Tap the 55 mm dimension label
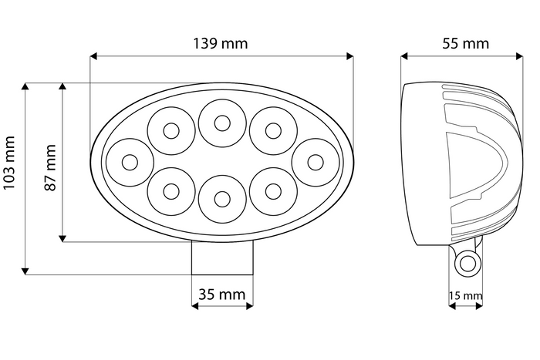[466, 43]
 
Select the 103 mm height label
[9, 177]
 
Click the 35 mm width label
[221, 294]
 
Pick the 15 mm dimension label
[466, 295]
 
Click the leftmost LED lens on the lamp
[130, 162]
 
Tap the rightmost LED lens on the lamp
[316, 162]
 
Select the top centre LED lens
[222, 122]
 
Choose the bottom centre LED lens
[222, 199]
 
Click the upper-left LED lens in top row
[171, 130]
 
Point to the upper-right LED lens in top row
[272, 130]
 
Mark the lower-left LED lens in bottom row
[171, 192]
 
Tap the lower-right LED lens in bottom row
[272, 192]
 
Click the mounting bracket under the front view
[222, 257]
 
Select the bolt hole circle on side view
[467, 264]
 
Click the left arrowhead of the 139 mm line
[93, 56]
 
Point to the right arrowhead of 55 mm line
[519, 56]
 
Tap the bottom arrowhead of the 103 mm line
[26, 271]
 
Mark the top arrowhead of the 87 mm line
[63, 86]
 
